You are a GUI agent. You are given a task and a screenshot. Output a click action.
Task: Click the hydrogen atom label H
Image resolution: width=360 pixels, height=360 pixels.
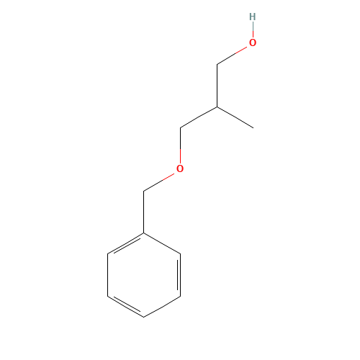point(253,17)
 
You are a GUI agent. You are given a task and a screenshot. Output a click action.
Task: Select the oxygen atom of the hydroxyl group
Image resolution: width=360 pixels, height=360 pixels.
point(253,42)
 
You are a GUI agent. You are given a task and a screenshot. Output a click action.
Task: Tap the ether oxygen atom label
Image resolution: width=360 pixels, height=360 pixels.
point(180,168)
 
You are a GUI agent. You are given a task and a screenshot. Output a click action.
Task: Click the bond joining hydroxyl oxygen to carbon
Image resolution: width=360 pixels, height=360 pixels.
point(232,55)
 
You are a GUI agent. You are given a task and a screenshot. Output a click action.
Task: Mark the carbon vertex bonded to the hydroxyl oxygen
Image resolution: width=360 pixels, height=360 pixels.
point(217,65)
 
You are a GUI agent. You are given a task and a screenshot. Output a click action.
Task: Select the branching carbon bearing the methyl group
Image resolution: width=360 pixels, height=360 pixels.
point(217,107)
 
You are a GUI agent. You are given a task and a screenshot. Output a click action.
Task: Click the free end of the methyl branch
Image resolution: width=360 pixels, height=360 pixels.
point(253,128)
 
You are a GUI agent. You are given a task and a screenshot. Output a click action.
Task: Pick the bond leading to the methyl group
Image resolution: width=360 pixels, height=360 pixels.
point(235,117)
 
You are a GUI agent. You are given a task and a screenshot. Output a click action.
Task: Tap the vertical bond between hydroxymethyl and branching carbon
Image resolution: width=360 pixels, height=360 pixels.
point(217,86)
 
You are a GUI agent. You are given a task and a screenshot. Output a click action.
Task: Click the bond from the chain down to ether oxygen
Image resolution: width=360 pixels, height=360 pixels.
point(180,145)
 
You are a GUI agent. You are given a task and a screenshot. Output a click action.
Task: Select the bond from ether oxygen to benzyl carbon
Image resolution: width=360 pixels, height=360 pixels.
point(159,182)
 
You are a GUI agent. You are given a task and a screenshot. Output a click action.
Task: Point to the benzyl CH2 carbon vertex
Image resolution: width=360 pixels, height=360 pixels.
point(144,192)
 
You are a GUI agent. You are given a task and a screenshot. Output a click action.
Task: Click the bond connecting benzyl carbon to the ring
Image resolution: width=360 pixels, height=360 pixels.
point(144,212)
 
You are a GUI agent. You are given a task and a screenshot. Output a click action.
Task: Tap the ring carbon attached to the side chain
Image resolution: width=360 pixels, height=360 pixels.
point(144,233)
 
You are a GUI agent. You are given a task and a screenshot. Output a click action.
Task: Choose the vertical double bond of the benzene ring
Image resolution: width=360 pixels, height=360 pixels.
point(179,275)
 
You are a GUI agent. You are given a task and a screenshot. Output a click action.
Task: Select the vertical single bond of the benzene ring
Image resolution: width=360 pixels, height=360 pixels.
point(107,275)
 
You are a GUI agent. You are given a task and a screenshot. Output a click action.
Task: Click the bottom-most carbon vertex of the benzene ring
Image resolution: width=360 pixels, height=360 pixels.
point(144,317)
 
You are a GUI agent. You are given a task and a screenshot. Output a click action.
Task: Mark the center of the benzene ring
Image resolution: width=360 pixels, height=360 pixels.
point(144,275)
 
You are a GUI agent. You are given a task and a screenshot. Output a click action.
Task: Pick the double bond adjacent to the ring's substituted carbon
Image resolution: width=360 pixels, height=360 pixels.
point(125,243)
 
